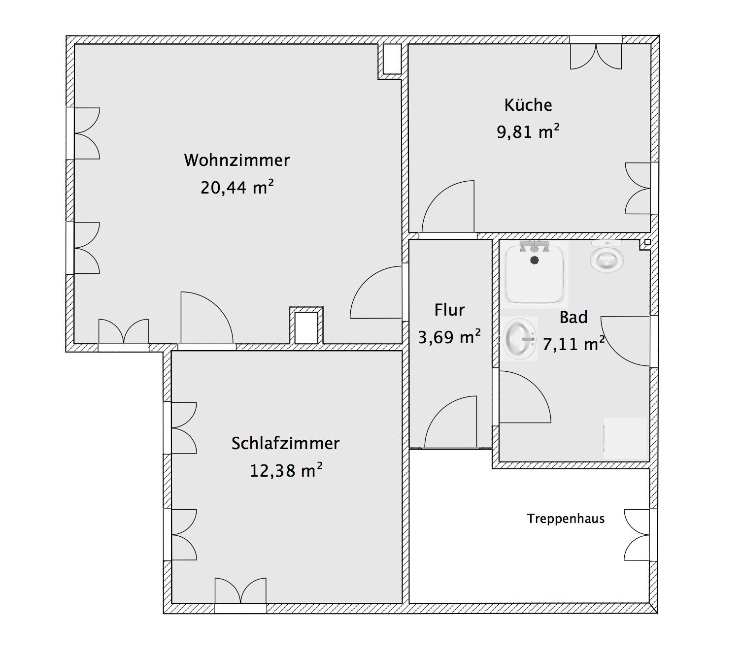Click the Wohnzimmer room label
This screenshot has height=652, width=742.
(236, 161)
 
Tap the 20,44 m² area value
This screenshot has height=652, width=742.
(237, 187)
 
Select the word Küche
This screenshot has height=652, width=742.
(528, 105)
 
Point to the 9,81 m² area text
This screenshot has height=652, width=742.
(528, 131)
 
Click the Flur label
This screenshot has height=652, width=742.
(449, 310)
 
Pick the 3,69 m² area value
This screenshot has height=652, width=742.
(449, 337)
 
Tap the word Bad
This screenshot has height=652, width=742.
(573, 317)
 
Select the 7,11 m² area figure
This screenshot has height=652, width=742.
(573, 344)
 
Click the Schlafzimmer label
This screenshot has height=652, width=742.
(285, 443)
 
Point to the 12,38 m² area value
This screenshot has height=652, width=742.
(286, 470)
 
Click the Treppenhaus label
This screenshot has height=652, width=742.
(566, 519)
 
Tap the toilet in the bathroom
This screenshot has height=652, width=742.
(607, 256)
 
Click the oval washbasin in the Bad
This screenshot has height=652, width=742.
(519, 339)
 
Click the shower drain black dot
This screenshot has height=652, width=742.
(535, 261)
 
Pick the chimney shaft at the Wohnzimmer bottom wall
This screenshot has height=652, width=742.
(306, 327)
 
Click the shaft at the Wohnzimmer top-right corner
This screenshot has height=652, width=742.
(392, 59)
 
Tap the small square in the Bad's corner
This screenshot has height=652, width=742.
(647, 242)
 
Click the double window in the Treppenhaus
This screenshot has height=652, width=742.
(641, 535)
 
